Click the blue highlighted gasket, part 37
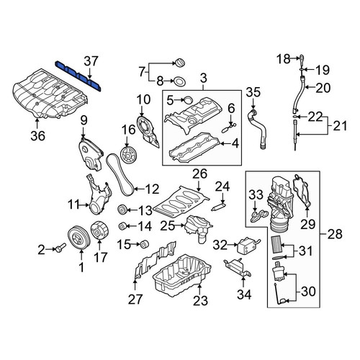pos(78,76)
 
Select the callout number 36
pos(38,136)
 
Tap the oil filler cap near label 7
pos(179,63)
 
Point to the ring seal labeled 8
pos(179,81)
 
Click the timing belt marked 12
pos(120,174)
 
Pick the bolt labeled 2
pos(60,248)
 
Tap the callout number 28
pos(336,233)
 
